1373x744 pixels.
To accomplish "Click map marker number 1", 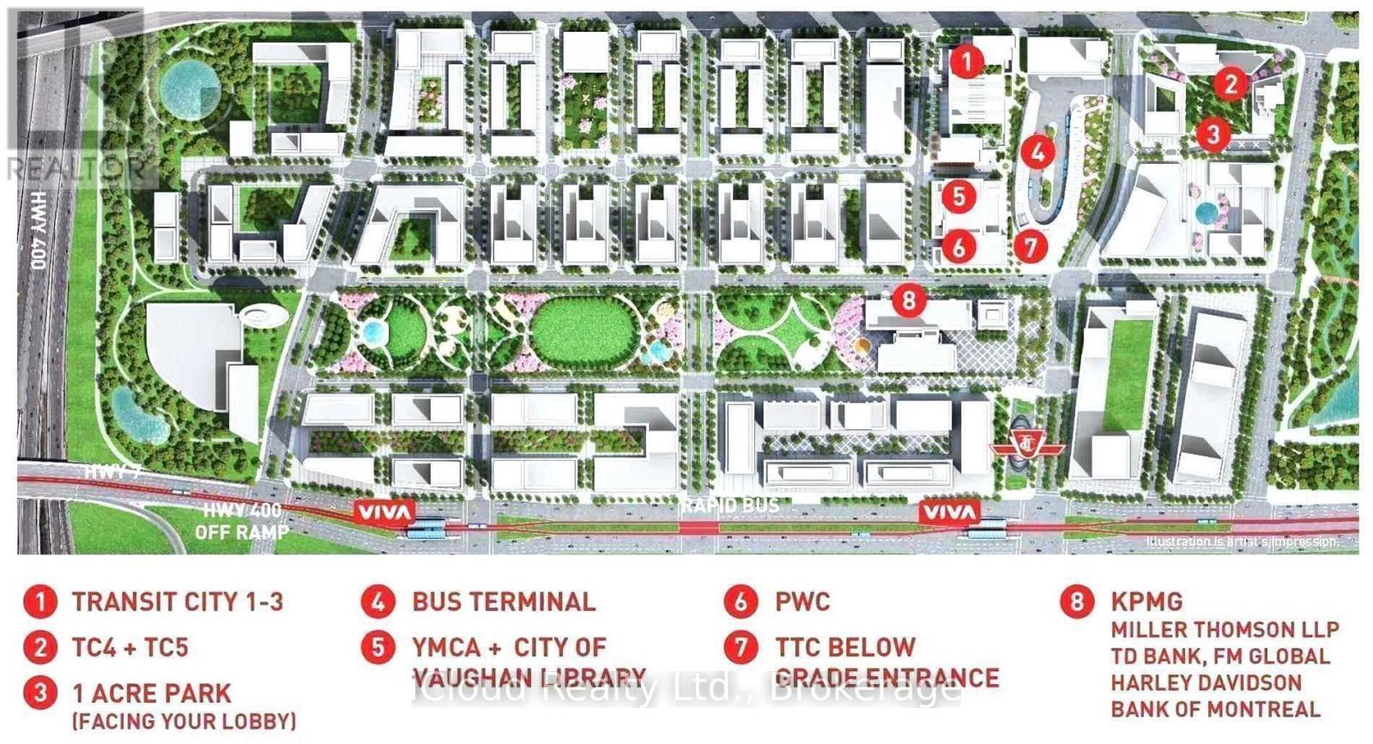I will point(967,61).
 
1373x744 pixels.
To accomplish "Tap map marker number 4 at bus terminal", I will point(1038,152).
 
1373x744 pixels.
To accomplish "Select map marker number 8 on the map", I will point(909,299).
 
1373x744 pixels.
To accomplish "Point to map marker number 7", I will point(1031,247).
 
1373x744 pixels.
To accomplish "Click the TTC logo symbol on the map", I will point(1027,446).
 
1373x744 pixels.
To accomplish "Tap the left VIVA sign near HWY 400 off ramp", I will point(385,513).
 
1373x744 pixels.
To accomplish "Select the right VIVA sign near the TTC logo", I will point(949,513).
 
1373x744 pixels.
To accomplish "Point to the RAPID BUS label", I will point(731,505).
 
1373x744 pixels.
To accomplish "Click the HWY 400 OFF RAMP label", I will point(241,522).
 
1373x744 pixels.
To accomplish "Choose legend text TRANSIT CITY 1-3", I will point(177,602).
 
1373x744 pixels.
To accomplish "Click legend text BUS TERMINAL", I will point(504,602).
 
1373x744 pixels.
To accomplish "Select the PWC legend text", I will point(802,602).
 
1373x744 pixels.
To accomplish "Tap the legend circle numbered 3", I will point(39,693).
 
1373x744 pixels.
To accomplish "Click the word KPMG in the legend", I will point(1146,602).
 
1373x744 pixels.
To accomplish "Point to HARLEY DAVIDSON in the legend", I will point(1206,683).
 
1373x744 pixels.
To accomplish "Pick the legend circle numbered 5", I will point(378,647).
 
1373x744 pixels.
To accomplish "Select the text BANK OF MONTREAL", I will point(1215,710).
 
